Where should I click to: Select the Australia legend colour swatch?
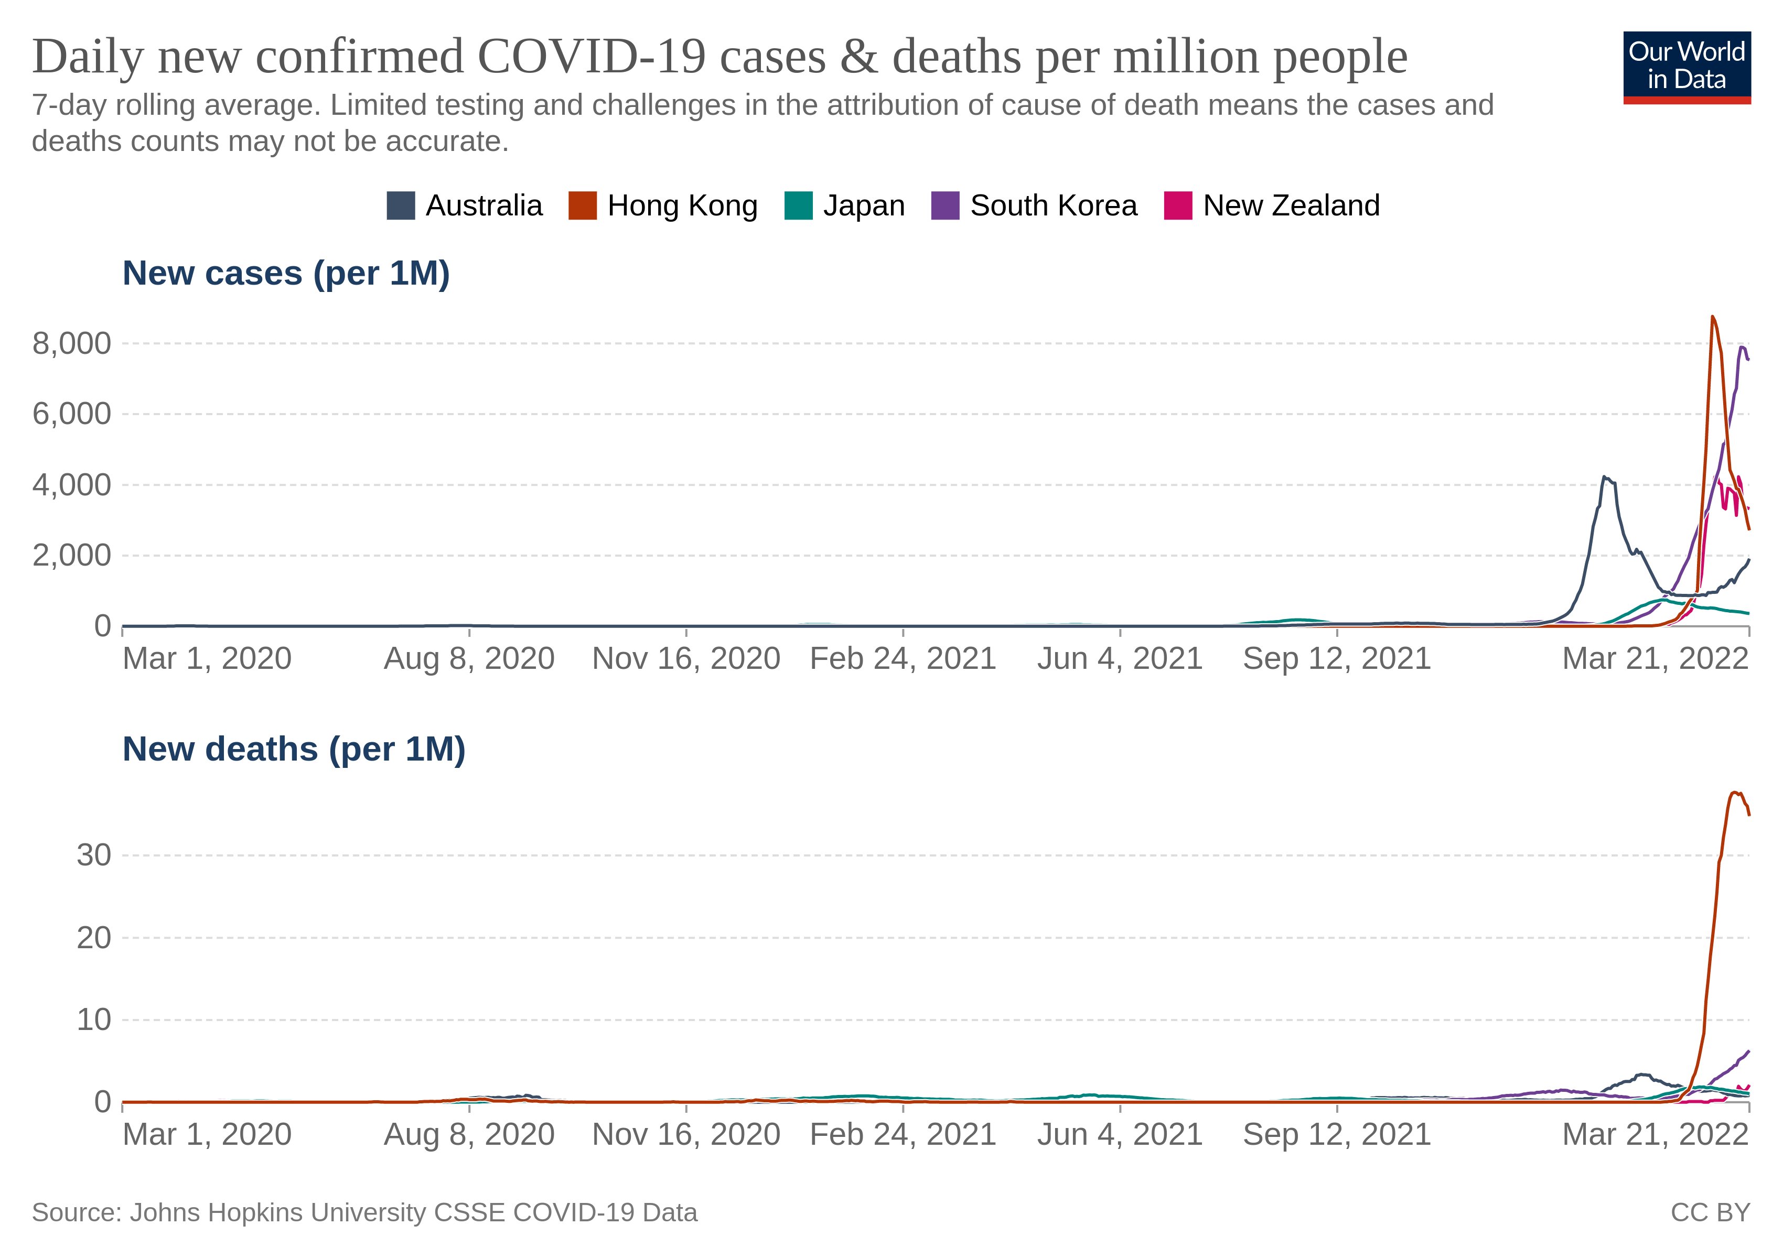(x=401, y=205)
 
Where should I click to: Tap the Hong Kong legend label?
(x=682, y=205)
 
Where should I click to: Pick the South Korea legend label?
(x=1053, y=205)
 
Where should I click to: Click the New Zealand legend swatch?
(x=1177, y=205)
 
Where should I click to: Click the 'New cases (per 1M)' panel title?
(x=286, y=273)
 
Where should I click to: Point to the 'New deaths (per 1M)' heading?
(x=294, y=749)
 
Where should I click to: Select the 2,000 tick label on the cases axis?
(x=71, y=556)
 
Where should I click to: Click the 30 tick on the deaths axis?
(x=93, y=855)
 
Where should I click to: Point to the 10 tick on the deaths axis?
(x=93, y=1020)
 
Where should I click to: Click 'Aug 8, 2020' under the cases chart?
(x=469, y=659)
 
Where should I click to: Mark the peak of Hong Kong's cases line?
(x=1712, y=317)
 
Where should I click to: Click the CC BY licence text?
(x=1710, y=1212)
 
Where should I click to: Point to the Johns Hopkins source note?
(x=364, y=1212)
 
